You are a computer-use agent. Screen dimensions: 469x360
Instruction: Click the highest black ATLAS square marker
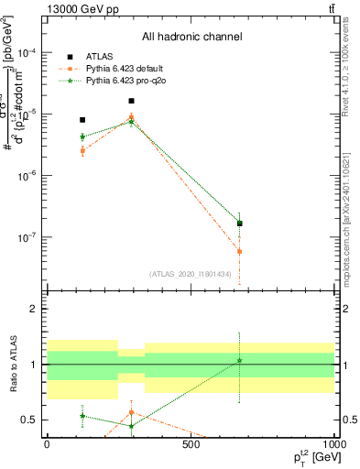(131, 101)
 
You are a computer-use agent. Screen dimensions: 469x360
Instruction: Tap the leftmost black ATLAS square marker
(82, 120)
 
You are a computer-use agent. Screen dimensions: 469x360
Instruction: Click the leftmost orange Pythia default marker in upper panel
(82, 150)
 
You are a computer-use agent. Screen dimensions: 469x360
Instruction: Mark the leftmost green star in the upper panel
(82, 137)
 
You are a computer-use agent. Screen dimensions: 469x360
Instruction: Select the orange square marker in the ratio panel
(131, 412)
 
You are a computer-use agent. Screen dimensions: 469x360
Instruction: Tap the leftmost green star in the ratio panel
(82, 416)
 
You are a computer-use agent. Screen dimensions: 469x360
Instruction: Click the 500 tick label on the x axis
(191, 444)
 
